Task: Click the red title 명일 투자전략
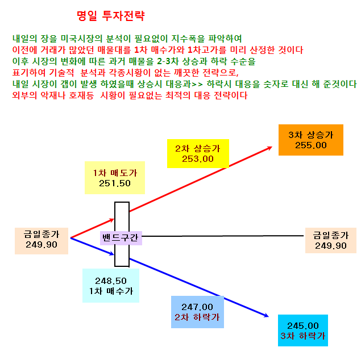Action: pyautogui.click(x=111, y=16)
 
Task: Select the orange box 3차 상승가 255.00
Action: pyautogui.click(x=311, y=140)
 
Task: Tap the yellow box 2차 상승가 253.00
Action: pyautogui.click(x=198, y=153)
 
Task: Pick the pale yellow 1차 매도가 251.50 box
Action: pyautogui.click(x=115, y=178)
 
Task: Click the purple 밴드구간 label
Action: pyautogui.click(x=121, y=238)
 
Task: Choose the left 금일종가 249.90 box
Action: pyautogui.click(x=42, y=241)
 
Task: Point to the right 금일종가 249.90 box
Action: pyautogui.click(x=331, y=240)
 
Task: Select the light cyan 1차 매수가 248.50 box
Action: pyautogui.click(x=111, y=286)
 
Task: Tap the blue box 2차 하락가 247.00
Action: pyautogui.click(x=197, y=312)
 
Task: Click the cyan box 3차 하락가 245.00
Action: pyautogui.click(x=303, y=330)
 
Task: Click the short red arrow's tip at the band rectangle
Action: pyautogui.click(x=114, y=219)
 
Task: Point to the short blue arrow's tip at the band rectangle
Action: pyautogui.click(x=114, y=254)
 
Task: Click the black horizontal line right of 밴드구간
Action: pyautogui.click(x=223, y=236)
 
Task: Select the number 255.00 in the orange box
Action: pyautogui.click(x=311, y=145)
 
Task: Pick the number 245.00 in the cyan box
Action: pyautogui.click(x=303, y=326)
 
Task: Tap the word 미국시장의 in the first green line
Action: pyautogui.click(x=81, y=39)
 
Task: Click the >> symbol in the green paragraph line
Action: pyautogui.click(x=197, y=85)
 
